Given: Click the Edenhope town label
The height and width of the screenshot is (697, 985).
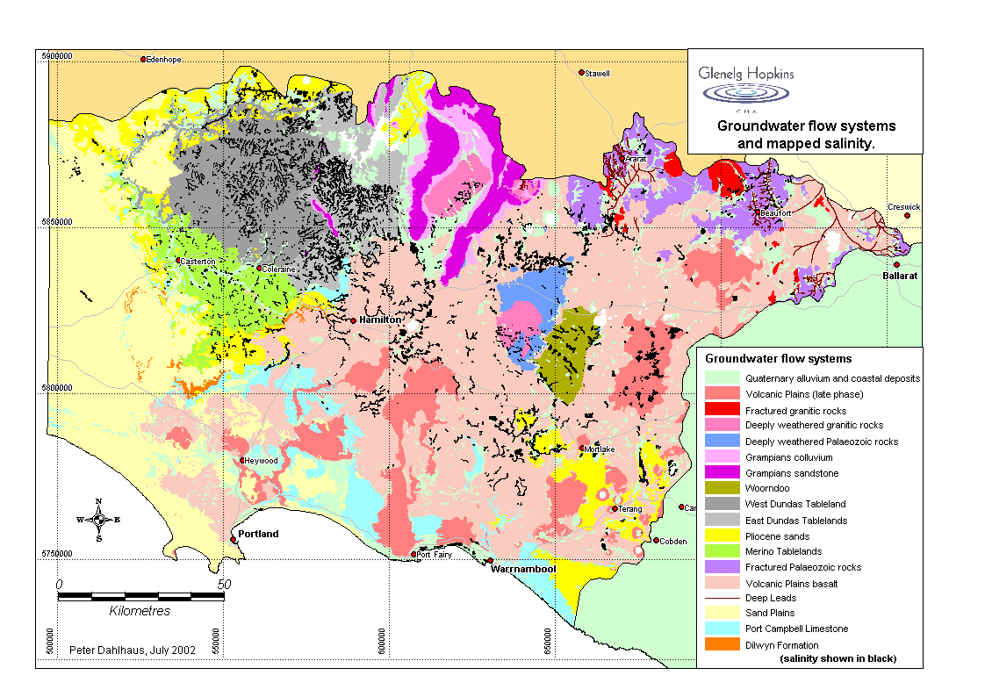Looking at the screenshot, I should point(164,60).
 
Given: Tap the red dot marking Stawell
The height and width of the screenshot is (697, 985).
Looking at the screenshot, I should point(581,73).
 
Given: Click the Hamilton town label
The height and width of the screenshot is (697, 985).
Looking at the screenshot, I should point(380,320).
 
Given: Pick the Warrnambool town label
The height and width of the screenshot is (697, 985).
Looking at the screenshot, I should point(521,569).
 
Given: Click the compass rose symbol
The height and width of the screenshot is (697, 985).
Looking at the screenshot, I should point(98,519).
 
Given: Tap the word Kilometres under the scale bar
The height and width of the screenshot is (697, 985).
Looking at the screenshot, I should point(140,611).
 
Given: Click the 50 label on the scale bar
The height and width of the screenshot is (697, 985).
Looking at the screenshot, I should point(224,584).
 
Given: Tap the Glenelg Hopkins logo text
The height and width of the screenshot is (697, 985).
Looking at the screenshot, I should point(745,74).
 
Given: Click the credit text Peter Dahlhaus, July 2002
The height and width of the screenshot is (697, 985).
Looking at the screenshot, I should point(133,650).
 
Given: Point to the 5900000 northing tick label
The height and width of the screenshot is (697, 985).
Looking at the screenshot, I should point(57,55).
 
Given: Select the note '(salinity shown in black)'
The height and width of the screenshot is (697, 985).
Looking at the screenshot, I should point(838,658).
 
